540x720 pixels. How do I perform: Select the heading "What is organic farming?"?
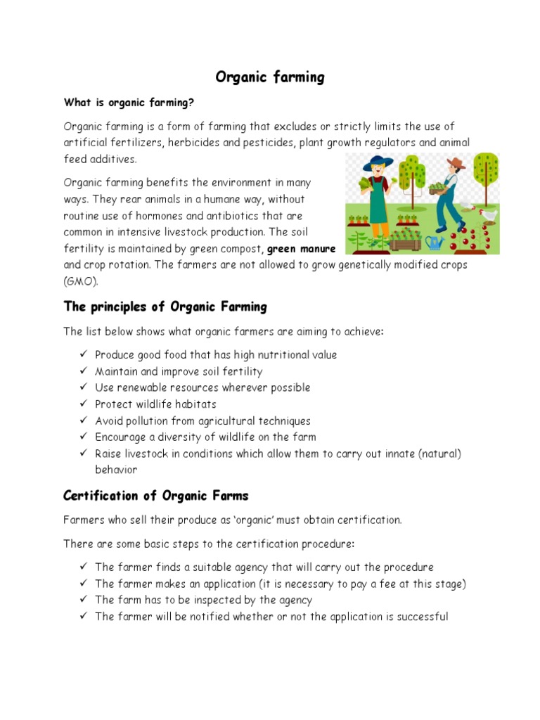pos(128,103)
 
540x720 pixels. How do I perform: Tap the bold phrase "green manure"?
pos(302,249)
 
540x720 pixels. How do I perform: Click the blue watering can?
pos(435,243)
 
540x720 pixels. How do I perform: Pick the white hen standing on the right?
pos(487,216)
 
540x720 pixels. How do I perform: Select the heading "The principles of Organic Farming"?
pos(165,307)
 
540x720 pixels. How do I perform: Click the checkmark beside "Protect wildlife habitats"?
pos(82,404)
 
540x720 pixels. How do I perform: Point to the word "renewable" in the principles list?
pos(151,387)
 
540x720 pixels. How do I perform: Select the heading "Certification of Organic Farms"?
pos(155,496)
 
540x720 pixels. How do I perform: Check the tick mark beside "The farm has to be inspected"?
pos(82,600)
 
